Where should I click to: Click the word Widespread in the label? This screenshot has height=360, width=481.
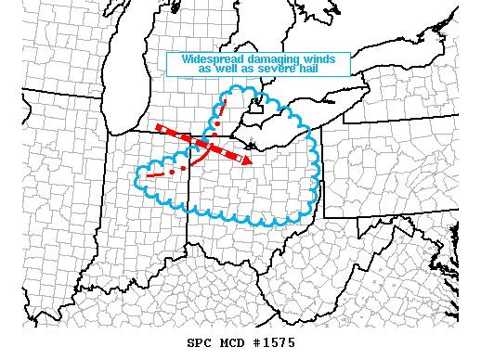(x=208, y=58)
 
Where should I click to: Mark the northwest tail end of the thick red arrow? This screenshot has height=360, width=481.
(x=160, y=127)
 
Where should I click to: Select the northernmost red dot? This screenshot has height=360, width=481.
(x=216, y=122)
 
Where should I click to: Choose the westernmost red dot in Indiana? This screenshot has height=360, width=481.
(x=172, y=172)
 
